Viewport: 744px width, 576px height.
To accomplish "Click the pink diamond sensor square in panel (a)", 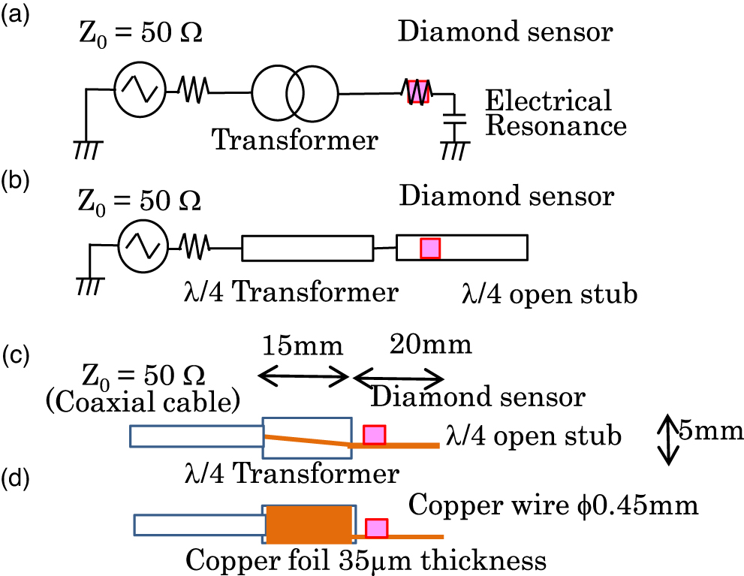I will point(418,92).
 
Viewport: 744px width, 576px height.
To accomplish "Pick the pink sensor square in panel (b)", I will point(429,247).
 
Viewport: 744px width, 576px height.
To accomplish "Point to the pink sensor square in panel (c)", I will point(374,435).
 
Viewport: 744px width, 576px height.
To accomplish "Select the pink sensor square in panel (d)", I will point(376,529).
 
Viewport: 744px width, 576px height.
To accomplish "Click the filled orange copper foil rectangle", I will point(310,524).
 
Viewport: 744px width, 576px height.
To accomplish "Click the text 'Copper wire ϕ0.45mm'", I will point(553,505).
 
